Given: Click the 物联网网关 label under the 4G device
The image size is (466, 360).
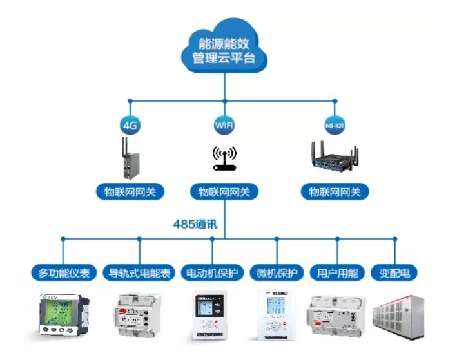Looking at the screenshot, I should (x=130, y=191).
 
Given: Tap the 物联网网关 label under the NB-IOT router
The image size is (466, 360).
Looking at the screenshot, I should (x=335, y=191).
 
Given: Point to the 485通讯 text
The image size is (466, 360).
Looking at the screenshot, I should (x=196, y=224).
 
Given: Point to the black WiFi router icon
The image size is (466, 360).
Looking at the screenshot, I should (x=224, y=158).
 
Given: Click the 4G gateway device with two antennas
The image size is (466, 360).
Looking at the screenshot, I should (x=130, y=158).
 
